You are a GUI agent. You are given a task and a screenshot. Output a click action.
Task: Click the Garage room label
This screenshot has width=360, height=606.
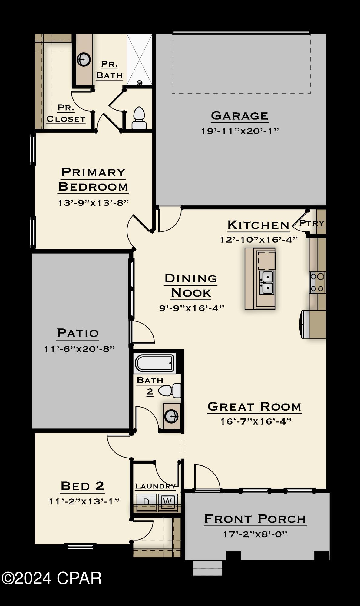239,116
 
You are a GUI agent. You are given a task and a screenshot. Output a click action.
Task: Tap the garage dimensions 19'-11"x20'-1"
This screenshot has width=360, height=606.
240,131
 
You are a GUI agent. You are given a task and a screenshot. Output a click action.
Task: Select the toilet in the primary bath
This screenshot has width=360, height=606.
139,118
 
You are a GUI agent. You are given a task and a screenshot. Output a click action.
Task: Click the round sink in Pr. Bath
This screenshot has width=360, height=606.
83,59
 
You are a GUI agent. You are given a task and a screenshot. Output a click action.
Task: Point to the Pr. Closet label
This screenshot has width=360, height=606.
66,113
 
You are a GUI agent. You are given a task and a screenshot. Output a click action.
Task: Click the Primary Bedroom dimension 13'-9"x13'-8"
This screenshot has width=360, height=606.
93,203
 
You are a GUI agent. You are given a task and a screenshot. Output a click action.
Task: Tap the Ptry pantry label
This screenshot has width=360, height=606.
312,223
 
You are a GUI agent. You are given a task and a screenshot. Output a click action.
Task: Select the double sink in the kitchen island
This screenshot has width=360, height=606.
267,282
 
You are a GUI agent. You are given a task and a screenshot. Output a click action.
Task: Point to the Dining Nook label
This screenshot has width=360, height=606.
191,285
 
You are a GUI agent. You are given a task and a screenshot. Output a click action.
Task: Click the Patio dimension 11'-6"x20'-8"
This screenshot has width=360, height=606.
79,349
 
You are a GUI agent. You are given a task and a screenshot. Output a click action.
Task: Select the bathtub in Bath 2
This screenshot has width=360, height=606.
154,363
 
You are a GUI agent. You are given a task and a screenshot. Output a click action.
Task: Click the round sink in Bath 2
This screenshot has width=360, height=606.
171,416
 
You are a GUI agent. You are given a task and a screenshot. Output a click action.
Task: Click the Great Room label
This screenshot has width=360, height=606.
254,407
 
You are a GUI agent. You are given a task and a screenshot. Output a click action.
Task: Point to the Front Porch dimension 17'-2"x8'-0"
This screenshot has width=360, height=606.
255,534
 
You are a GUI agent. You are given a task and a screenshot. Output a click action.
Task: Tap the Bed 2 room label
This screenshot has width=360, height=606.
82,486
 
